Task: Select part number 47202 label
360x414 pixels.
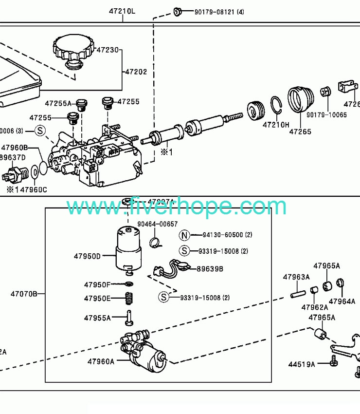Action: click(x=136, y=72)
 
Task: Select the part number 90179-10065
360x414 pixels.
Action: click(x=326, y=115)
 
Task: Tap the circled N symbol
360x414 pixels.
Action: click(x=184, y=235)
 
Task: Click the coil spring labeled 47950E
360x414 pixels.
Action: click(x=129, y=298)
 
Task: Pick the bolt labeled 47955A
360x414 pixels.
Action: click(x=129, y=318)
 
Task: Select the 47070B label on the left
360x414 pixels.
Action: click(x=24, y=294)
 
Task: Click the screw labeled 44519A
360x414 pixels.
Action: click(x=334, y=362)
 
